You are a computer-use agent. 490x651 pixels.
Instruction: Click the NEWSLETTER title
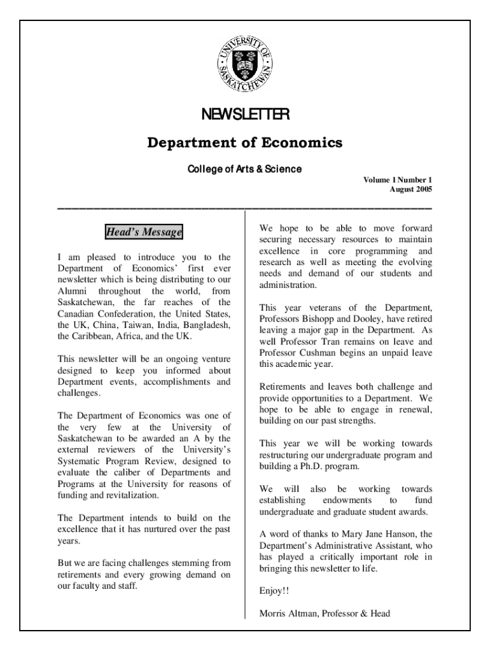[245, 114]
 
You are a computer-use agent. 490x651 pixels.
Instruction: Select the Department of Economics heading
[245, 142]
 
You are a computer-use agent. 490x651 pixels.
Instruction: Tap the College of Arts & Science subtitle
[244, 169]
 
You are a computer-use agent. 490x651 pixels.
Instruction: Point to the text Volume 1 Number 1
[397, 181]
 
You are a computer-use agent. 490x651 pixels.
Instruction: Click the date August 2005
[410, 190]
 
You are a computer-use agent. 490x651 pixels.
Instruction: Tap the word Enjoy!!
[274, 591]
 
